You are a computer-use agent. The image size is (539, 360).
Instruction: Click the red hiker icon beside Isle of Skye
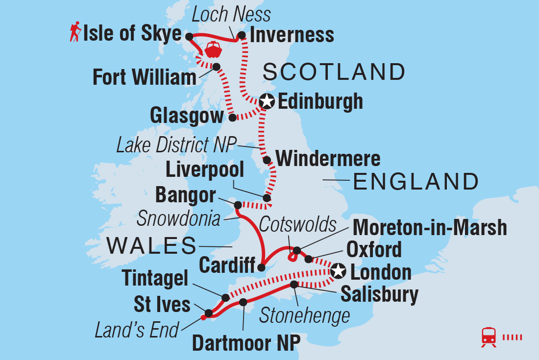[x=75, y=33]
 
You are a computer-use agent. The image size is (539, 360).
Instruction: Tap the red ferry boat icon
[x=214, y=49]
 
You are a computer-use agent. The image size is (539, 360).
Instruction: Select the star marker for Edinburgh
[x=267, y=101]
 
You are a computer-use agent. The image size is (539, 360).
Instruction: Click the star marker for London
[x=339, y=270]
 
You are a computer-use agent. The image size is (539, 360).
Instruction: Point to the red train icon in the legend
[x=489, y=336]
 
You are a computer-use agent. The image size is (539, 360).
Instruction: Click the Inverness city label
[x=292, y=35]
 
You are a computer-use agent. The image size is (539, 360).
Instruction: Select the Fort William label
[x=145, y=78]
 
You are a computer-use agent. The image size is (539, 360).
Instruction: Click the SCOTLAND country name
[x=334, y=72]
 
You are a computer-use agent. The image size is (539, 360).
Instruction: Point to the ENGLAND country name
[x=416, y=182]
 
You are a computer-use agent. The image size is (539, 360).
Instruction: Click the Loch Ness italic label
[x=231, y=15]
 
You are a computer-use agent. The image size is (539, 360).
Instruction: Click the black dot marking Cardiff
[x=261, y=267]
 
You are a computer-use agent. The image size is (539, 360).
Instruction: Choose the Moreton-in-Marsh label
[x=430, y=228]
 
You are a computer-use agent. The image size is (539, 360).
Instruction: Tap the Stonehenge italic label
[x=304, y=315]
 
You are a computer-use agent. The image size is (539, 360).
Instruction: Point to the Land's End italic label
[x=137, y=331]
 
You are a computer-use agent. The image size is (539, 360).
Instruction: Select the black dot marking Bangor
[x=238, y=205]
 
